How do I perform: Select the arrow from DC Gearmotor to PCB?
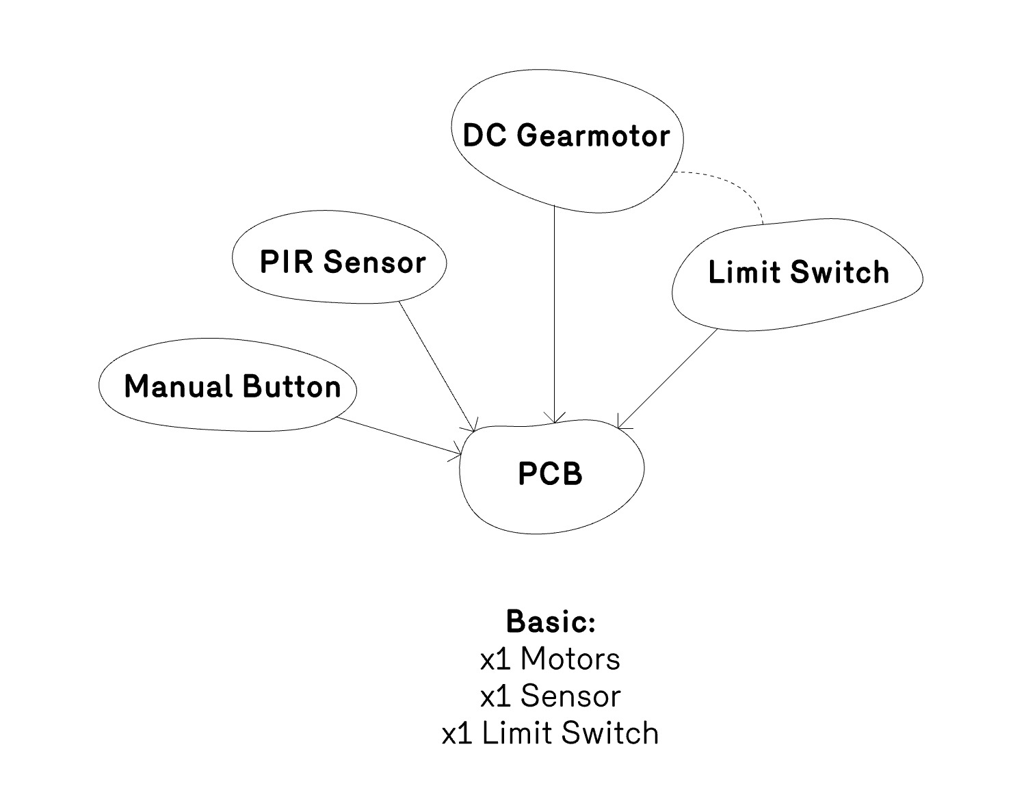[x=554, y=315]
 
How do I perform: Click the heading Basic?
[x=551, y=622]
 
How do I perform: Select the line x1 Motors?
[x=551, y=659]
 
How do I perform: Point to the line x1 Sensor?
[x=551, y=696]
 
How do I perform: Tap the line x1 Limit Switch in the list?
[x=551, y=733]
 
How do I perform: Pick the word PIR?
[x=286, y=263]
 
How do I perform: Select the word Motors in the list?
[x=570, y=659]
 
